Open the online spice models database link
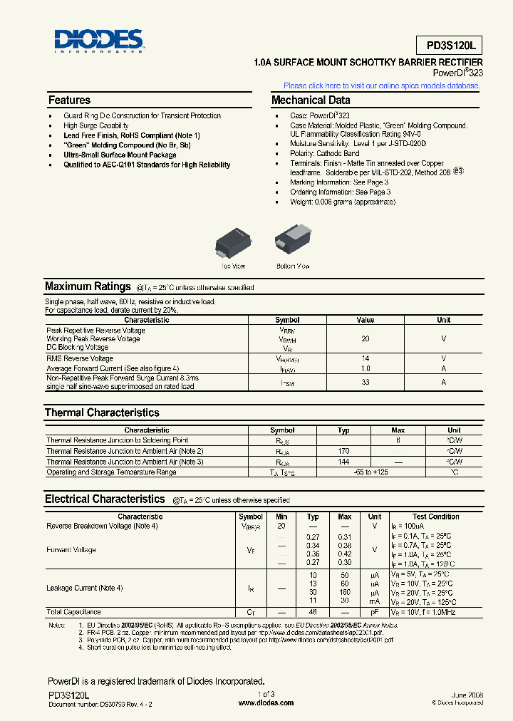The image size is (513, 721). (x=382, y=85)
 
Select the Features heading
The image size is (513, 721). (x=69, y=100)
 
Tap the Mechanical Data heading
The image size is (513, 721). (x=311, y=100)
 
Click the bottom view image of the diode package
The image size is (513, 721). (x=293, y=241)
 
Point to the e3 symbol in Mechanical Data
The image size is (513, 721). (x=458, y=171)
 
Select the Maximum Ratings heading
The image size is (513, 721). (x=88, y=286)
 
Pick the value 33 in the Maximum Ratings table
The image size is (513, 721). (x=366, y=383)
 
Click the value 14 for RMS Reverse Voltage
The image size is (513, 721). (x=366, y=358)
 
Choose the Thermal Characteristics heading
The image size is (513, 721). (x=102, y=413)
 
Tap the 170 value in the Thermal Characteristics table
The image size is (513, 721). (x=343, y=451)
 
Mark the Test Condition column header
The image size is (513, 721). (x=435, y=517)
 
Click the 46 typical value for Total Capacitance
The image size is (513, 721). (x=313, y=612)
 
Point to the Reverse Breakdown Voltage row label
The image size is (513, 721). (x=102, y=526)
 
